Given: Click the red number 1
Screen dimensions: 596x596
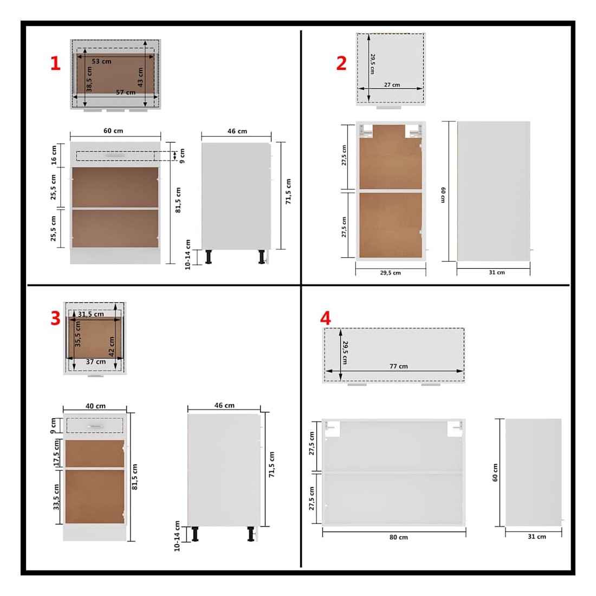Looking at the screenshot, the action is pos(55,63).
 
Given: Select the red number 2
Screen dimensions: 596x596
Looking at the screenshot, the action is pos(341,63).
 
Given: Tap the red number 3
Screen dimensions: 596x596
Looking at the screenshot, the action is pos(55,318).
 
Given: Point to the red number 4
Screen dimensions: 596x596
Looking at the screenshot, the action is pos(326,318).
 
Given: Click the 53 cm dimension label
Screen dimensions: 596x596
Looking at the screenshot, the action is pos(101,61).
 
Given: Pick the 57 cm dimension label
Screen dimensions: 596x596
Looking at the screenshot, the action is pos(126,92).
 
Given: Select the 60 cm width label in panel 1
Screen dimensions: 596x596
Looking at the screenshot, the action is pos(113,131).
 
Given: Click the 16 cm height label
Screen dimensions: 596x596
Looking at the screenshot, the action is pos(54,155).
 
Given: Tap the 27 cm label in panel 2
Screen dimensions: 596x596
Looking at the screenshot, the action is pos(392,85).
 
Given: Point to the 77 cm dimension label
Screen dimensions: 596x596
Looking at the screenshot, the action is pos(399,366).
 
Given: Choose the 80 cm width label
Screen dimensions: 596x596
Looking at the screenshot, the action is pos(399,537).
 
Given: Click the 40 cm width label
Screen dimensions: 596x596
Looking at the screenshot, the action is pos(96,406).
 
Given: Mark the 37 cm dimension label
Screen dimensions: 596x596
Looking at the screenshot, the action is pos(96,361).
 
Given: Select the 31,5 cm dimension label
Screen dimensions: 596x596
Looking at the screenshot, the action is pos(91,314).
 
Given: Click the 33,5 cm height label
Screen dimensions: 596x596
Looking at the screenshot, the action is pos(56,497).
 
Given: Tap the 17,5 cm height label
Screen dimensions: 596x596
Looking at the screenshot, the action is pos(56,453).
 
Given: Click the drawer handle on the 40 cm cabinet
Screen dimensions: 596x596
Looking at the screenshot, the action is pos(95,426).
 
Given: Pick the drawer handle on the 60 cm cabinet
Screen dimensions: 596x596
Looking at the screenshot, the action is pos(115,155).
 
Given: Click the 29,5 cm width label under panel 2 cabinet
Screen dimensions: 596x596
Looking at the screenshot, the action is pos(390,273).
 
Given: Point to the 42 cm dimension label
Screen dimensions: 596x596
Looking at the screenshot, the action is pos(112,346).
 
